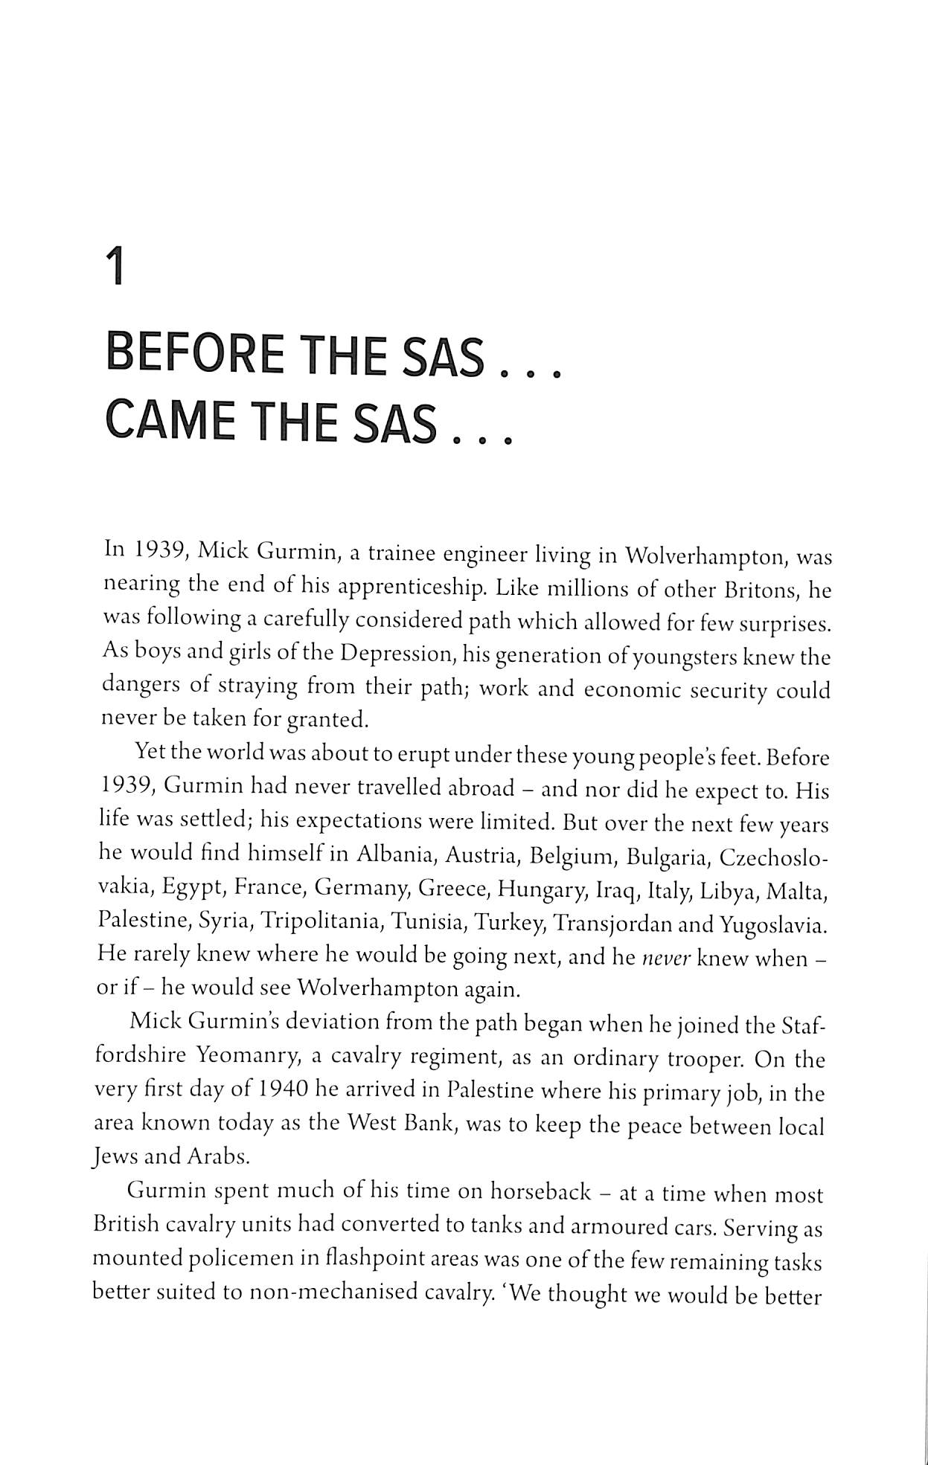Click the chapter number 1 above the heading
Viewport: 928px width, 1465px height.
pyautogui.click(x=115, y=268)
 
